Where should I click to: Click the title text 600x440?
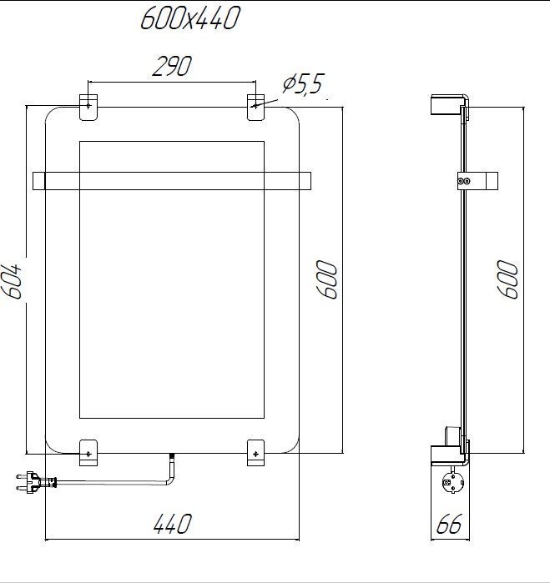coord(189,18)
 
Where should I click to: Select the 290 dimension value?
coord(172,66)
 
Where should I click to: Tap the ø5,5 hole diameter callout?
coord(302,85)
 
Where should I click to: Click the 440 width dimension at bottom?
coord(172,524)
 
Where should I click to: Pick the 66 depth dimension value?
coord(449,525)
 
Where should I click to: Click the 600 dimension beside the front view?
coord(326,279)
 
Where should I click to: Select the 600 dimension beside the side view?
coord(508,279)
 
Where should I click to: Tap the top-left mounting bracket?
coord(88,108)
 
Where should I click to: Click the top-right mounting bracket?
coord(256,108)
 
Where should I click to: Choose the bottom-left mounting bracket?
coord(88,451)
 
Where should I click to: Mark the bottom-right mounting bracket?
coord(256,451)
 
